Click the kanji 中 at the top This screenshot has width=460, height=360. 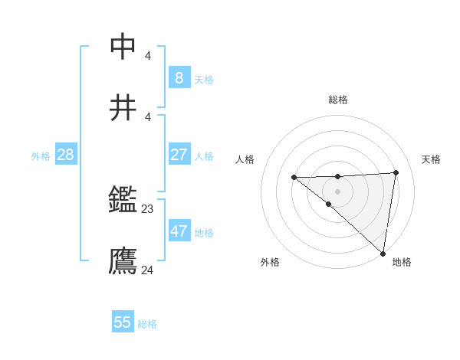coord(123,46)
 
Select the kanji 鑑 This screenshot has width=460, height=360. coord(123,201)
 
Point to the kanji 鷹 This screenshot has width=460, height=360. coord(123,261)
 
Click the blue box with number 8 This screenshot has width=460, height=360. coord(179,78)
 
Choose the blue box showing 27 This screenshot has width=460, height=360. coord(179,155)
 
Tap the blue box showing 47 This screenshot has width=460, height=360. coord(179,231)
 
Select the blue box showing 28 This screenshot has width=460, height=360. coord(66,155)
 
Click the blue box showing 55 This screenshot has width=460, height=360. coord(123,322)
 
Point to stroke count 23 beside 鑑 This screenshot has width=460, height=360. coord(148,208)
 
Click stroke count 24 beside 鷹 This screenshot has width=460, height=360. coord(148,270)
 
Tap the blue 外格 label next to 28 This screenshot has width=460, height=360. coord(41,156)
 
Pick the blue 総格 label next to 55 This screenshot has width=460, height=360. coord(147,324)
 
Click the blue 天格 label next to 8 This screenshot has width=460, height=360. coord(204,80)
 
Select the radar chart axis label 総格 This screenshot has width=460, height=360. coord(338,100)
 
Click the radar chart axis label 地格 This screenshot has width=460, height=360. coord(402,262)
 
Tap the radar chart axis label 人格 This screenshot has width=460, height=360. coord(245,159)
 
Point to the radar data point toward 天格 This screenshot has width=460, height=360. coord(396,172)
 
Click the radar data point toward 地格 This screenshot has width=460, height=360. coord(383,254)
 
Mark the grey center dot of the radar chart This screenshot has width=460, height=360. coord(337,191)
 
